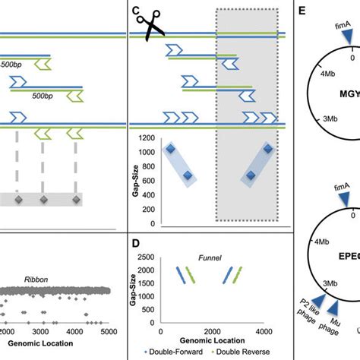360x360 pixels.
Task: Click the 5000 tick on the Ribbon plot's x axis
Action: [108, 332]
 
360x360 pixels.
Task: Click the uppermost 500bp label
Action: [11, 65]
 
